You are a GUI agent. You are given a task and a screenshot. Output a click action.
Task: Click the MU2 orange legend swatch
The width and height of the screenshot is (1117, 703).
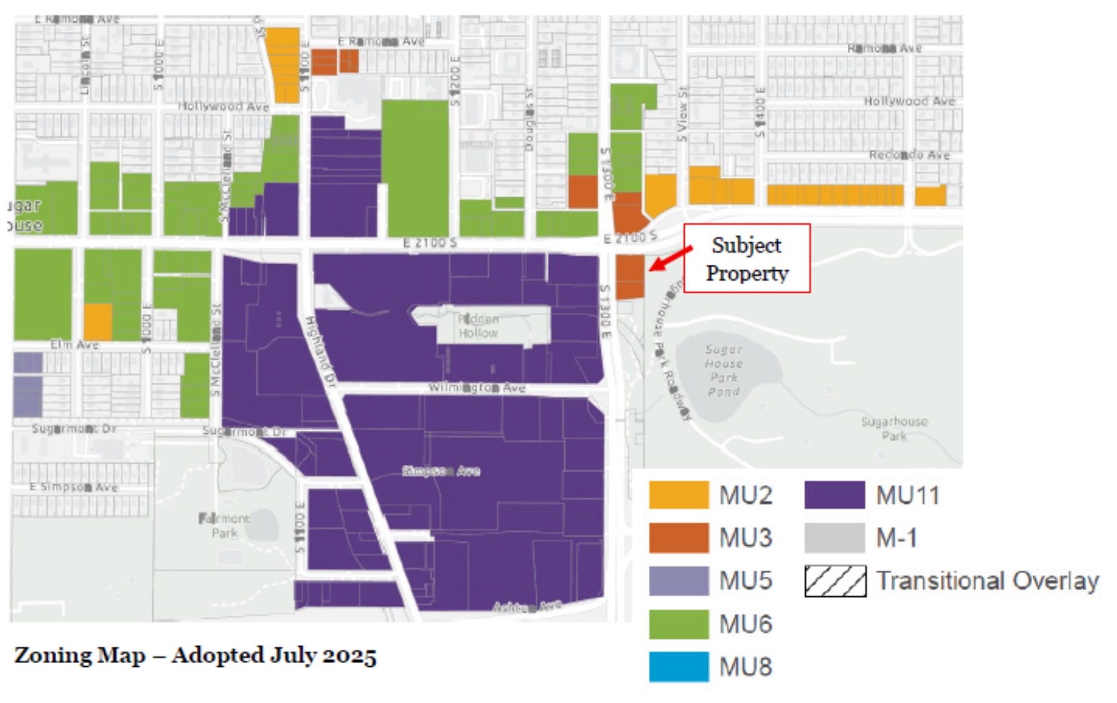pyautogui.click(x=678, y=495)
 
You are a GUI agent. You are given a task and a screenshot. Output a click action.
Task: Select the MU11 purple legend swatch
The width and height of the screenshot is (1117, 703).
pyautogui.click(x=834, y=495)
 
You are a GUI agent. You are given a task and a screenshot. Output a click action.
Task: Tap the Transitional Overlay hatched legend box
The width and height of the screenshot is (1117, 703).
pyautogui.click(x=835, y=581)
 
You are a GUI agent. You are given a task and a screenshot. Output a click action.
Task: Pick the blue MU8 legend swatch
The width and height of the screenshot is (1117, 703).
pyautogui.click(x=678, y=667)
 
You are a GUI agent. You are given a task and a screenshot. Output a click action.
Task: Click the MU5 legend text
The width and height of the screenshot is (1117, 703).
pyautogui.click(x=745, y=581)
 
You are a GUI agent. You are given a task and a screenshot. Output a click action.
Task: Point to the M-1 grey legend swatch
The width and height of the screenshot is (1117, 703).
pyautogui.click(x=834, y=538)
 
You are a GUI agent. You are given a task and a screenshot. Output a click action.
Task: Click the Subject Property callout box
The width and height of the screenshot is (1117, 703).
pyautogui.click(x=747, y=258)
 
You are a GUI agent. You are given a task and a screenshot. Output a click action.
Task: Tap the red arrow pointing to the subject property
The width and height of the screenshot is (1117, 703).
pyautogui.click(x=670, y=258)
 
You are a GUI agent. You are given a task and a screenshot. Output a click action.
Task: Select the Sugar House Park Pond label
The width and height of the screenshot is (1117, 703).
pyautogui.click(x=723, y=370)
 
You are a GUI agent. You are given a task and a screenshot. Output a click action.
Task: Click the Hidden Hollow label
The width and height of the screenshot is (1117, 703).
pyautogui.click(x=478, y=326)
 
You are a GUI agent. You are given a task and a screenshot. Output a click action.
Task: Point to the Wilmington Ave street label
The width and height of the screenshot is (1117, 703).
pyautogui.click(x=476, y=388)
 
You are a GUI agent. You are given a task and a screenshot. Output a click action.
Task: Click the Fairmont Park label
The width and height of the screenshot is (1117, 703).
pyautogui.click(x=224, y=526)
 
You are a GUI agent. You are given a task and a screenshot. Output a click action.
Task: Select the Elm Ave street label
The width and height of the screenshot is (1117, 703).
pyautogui.click(x=74, y=345)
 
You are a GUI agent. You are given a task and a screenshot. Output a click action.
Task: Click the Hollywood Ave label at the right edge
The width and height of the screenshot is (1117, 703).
pyautogui.click(x=909, y=101)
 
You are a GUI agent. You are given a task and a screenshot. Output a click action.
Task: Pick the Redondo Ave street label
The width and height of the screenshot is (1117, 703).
pyautogui.click(x=909, y=155)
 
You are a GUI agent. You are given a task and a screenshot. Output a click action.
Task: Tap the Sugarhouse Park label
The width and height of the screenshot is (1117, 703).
pyautogui.click(x=894, y=428)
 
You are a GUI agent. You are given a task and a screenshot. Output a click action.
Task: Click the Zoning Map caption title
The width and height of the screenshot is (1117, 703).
pyautogui.click(x=195, y=656)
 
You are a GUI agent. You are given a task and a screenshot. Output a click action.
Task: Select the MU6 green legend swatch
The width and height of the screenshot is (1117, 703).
pyautogui.click(x=678, y=624)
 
